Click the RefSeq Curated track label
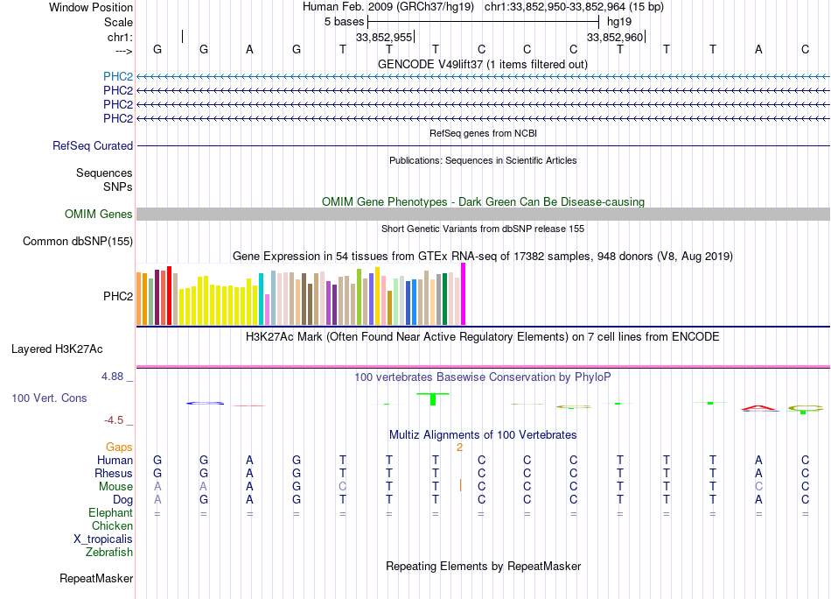click(x=93, y=146)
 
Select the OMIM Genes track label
click(x=99, y=215)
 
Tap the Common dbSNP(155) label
click(x=78, y=242)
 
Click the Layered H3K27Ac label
click(x=57, y=349)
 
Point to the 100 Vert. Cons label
click(x=49, y=398)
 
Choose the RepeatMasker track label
click(x=96, y=579)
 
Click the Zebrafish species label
click(x=109, y=553)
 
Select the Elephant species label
click(x=110, y=513)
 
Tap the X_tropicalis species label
click(x=103, y=539)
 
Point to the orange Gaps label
click(x=119, y=447)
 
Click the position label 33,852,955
click(x=384, y=38)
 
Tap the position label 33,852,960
click(x=615, y=38)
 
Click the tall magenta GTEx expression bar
click(x=464, y=294)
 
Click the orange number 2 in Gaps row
click(x=459, y=447)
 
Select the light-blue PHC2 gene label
click(x=118, y=76)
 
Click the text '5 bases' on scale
click(x=344, y=20)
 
